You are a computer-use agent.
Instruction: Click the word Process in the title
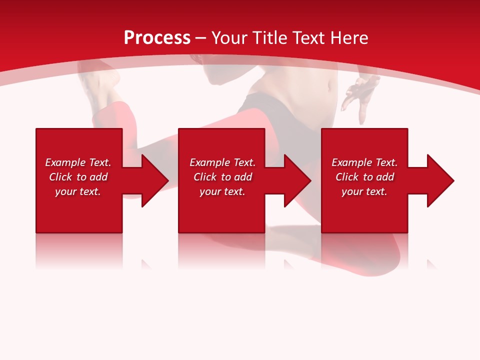point(157,38)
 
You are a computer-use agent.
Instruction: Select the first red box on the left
point(79,210)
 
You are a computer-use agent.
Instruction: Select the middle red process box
point(221,210)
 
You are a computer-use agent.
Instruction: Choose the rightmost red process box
point(364,210)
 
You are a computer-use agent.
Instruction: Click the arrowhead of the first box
point(154,180)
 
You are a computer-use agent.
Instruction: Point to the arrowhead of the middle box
point(297,180)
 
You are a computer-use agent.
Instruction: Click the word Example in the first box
point(65,162)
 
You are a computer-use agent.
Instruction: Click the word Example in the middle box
point(210,162)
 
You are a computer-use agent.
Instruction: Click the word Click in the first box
point(60,177)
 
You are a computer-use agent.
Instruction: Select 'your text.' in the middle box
point(222,191)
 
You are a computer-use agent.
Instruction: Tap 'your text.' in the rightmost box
point(364,191)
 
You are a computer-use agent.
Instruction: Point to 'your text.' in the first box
point(77,191)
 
